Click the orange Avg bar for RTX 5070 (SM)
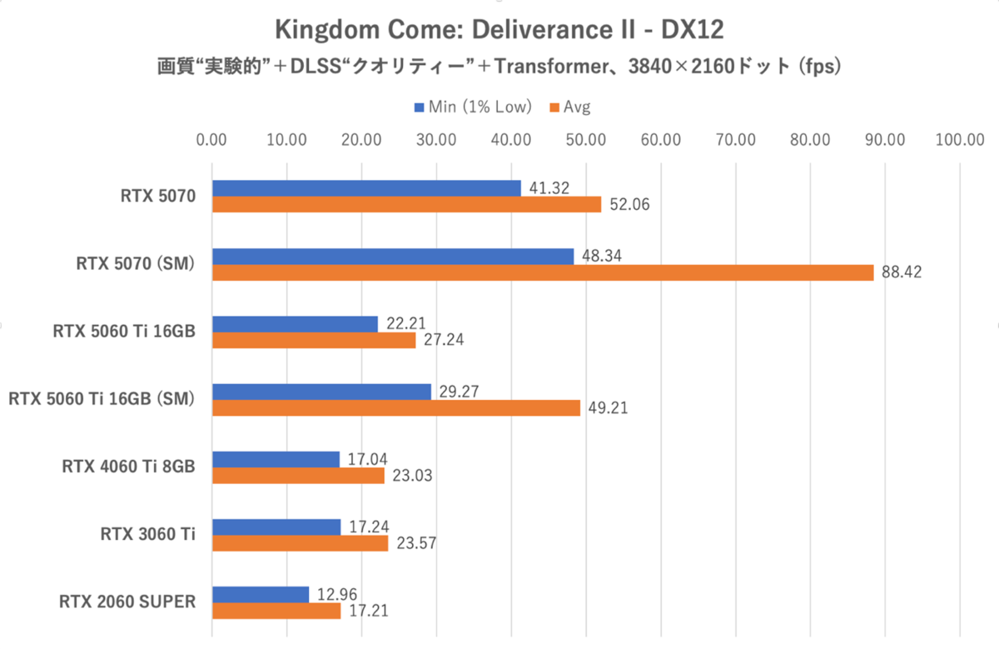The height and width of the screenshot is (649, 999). pyautogui.click(x=543, y=272)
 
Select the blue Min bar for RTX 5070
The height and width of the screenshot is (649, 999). pyautogui.click(x=366, y=188)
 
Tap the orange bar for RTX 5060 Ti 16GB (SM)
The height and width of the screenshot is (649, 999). pyautogui.click(x=396, y=407)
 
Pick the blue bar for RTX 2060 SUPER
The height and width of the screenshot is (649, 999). pyautogui.click(x=261, y=595)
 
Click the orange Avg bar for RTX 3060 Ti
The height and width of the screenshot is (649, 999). pyautogui.click(x=300, y=543)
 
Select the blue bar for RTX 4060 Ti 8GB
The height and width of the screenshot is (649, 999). pyautogui.click(x=276, y=459)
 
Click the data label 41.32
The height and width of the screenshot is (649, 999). pyautogui.click(x=549, y=188)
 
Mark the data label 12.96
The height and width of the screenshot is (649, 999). pyautogui.click(x=337, y=595)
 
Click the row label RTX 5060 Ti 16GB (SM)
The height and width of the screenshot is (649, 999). pyautogui.click(x=101, y=399)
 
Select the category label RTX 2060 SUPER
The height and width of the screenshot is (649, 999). pyautogui.click(x=127, y=602)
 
